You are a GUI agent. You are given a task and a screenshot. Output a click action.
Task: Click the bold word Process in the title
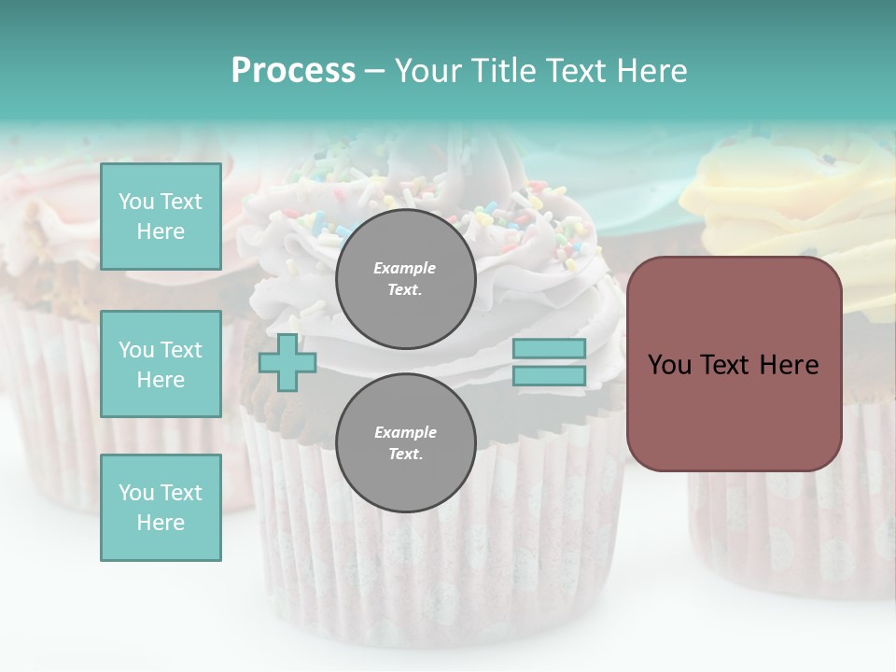[x=293, y=71]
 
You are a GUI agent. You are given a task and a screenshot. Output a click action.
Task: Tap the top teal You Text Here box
[x=161, y=217]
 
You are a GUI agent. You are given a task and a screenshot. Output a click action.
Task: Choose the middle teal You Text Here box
[x=161, y=364]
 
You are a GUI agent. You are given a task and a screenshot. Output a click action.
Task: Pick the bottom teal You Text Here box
[x=161, y=507]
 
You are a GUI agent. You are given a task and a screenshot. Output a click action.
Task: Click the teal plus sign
[x=287, y=362]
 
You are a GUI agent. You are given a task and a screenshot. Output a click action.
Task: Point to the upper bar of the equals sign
[x=549, y=349]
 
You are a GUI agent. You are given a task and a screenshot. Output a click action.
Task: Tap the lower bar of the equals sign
[x=549, y=375]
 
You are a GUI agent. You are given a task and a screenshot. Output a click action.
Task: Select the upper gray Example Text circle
[x=405, y=278]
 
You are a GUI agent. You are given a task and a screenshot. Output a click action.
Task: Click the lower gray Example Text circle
[x=405, y=442]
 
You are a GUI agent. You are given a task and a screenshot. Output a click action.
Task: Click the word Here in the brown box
[x=789, y=365]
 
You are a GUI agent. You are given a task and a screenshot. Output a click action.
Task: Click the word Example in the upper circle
[x=405, y=268]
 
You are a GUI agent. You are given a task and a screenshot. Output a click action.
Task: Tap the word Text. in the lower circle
[x=405, y=454]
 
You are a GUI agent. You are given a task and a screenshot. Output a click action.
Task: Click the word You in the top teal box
[x=135, y=202]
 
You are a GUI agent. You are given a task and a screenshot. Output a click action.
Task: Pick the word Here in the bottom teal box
[x=161, y=523]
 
